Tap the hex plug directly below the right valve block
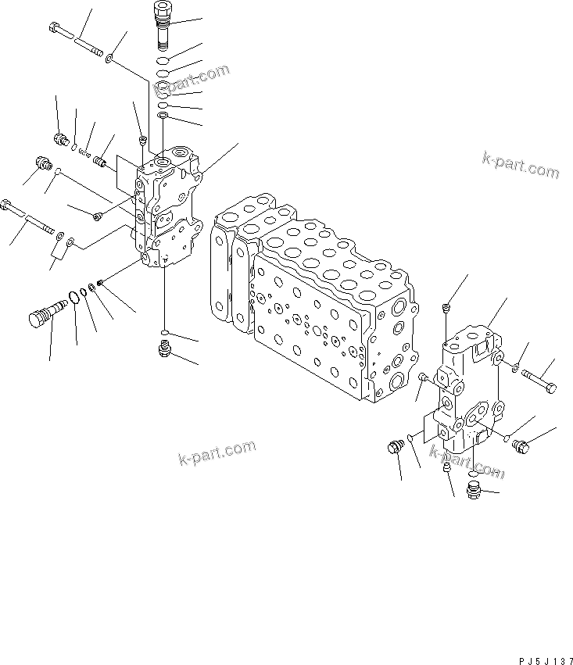pyautogui.click(x=474, y=491)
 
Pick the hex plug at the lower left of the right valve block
pyautogui.click(x=395, y=447)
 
